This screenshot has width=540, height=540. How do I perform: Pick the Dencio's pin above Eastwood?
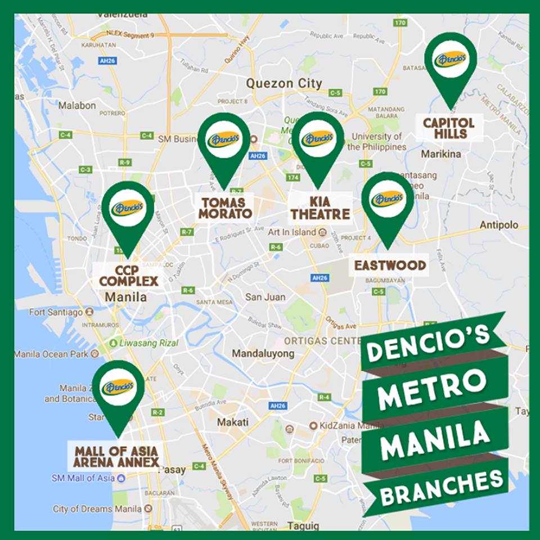point(388,200)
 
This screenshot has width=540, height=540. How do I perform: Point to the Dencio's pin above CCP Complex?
point(128,209)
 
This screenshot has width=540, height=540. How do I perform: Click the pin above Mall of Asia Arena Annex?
point(118,388)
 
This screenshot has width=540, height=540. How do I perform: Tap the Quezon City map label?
point(284,84)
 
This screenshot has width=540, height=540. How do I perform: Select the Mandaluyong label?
point(264,354)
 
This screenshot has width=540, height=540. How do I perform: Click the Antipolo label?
point(499,225)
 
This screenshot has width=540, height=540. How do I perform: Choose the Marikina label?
point(442,154)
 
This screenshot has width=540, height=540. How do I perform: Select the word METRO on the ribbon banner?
point(432,391)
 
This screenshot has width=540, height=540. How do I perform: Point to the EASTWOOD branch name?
point(389,265)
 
